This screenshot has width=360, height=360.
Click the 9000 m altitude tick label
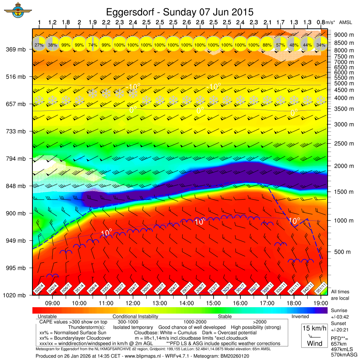click(344, 35)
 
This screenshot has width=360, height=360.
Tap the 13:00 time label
click(160, 303)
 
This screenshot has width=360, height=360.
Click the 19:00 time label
click(320, 303)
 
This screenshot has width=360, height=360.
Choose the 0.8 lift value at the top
click(320, 22)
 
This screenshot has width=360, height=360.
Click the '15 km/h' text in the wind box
click(314, 328)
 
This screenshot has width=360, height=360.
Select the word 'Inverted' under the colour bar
click(300, 316)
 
